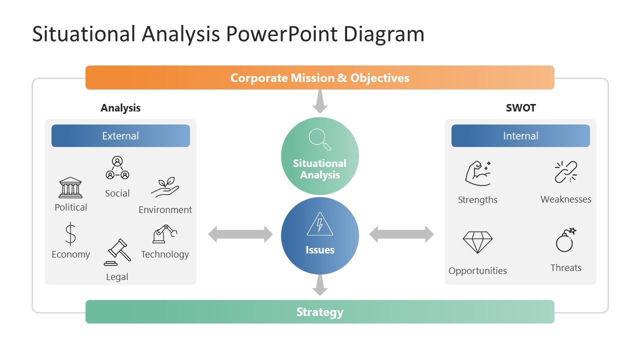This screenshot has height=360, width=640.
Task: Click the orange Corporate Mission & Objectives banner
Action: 320,78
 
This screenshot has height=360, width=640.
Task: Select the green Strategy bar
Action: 320,312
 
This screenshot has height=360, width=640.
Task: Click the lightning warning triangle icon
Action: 320,224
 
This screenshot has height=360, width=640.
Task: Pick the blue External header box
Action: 120,136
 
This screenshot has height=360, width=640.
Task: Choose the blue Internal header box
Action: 520,136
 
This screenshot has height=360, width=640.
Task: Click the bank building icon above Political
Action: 70,188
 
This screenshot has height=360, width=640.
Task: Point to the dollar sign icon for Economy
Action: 70,234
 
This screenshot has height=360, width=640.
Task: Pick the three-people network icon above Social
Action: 117,168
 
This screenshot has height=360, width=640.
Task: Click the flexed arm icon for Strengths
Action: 477,173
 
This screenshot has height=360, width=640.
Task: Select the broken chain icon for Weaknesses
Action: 566,172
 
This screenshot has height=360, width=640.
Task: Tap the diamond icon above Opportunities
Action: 477,242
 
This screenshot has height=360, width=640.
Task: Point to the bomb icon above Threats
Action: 566,240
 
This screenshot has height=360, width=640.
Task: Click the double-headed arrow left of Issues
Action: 240,234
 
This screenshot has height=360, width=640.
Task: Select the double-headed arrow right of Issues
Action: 401,234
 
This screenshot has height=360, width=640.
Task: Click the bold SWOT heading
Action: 520,108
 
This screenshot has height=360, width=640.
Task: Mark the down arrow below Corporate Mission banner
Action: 320,102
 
